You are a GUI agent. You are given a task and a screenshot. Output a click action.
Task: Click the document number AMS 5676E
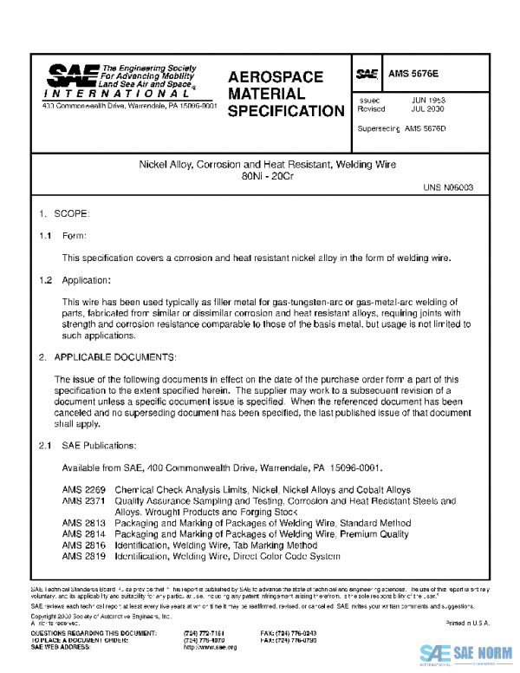pos(414,75)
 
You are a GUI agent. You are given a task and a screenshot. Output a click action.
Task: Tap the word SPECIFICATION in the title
pos(286,111)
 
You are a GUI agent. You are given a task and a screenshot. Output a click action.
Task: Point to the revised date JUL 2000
pos(428,110)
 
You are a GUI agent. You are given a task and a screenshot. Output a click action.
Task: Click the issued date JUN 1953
pos(428,101)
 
